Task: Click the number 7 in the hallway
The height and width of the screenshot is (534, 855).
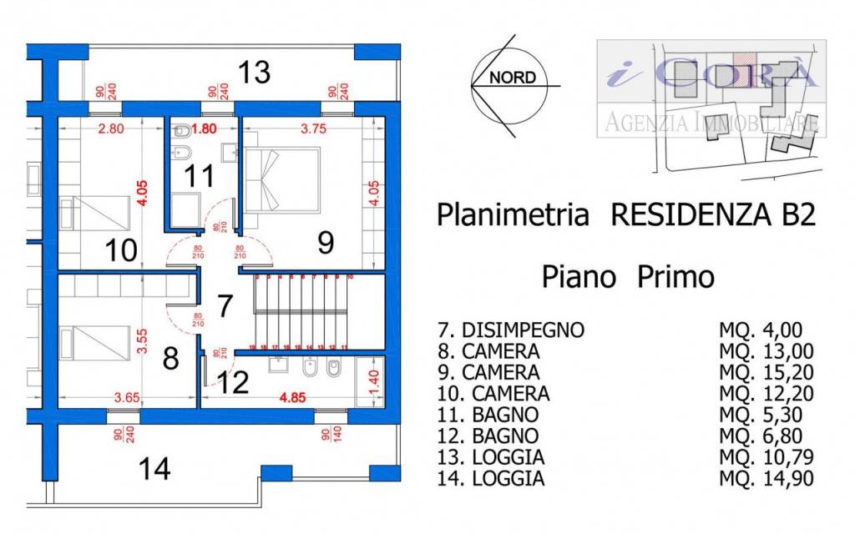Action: [x=224, y=306]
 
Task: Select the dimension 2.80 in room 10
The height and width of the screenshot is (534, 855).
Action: [x=111, y=128]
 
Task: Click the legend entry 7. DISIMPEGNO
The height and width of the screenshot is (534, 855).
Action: [x=510, y=330]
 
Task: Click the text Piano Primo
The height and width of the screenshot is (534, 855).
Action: [x=628, y=276]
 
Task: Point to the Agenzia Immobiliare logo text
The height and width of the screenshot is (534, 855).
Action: [x=711, y=123]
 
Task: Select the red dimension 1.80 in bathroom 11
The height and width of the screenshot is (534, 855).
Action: [x=205, y=128]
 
